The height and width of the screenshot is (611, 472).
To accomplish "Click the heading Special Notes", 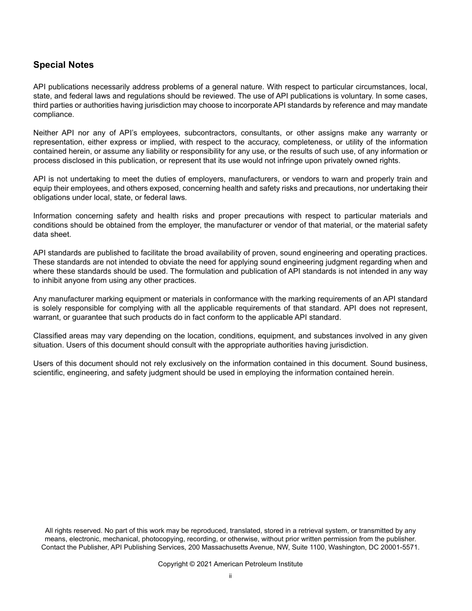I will pos(63,65).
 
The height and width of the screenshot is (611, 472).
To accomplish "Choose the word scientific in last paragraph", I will pos(50,373).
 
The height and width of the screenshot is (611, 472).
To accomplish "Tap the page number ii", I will pos(231,576).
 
